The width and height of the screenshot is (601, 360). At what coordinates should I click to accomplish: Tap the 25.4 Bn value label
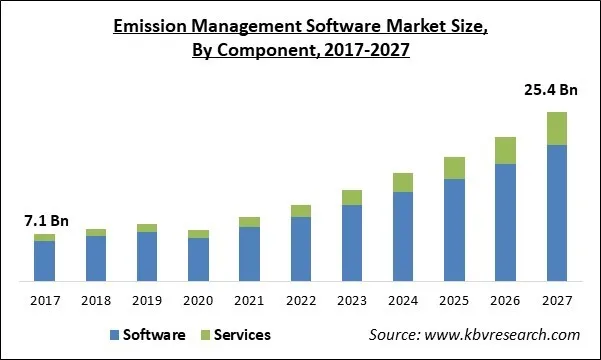pyautogui.click(x=551, y=91)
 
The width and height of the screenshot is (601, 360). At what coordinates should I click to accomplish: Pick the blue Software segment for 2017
pyautogui.click(x=44, y=260)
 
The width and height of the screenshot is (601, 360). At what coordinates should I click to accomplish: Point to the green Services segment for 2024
pyautogui.click(x=403, y=182)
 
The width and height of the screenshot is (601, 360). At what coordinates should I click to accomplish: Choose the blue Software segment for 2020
pyautogui.click(x=198, y=258)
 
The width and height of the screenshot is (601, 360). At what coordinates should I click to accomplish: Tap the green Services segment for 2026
pyautogui.click(x=505, y=150)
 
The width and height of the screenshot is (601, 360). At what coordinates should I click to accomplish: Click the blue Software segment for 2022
pyautogui.click(x=300, y=248)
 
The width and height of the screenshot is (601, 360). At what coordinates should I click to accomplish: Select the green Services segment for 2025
pyautogui.click(x=454, y=168)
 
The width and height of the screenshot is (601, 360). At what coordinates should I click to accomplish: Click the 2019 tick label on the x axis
pyautogui.click(x=147, y=299)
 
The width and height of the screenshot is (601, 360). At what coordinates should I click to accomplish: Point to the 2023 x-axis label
pyautogui.click(x=352, y=299)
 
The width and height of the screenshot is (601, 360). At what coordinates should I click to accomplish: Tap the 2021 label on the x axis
pyautogui.click(x=249, y=299)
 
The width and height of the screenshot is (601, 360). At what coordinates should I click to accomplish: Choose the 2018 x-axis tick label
pyautogui.click(x=96, y=299)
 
